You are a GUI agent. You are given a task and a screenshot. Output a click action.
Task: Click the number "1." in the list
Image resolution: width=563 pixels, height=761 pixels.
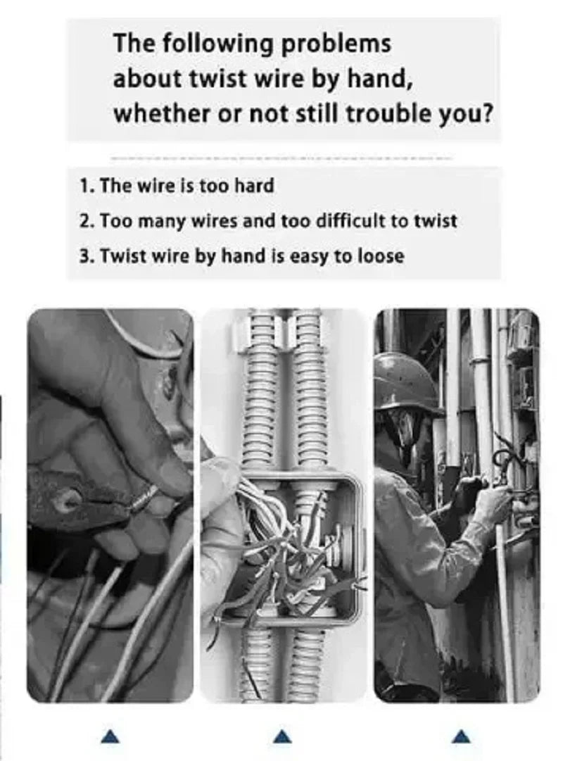(x=87, y=186)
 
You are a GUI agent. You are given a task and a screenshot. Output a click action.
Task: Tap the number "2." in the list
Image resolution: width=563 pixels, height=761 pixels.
(x=87, y=221)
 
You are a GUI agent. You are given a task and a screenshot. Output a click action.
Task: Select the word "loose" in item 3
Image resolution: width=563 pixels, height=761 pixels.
(x=380, y=256)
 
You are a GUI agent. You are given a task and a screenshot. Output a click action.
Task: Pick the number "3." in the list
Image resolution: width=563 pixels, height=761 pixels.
(x=87, y=256)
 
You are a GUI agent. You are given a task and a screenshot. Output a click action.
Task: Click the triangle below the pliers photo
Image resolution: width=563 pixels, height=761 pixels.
(x=110, y=736)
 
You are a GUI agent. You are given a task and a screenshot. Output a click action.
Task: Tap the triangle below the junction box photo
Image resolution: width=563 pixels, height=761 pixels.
(x=281, y=736)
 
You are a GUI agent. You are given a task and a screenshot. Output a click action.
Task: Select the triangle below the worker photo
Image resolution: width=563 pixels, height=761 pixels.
(x=460, y=736)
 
